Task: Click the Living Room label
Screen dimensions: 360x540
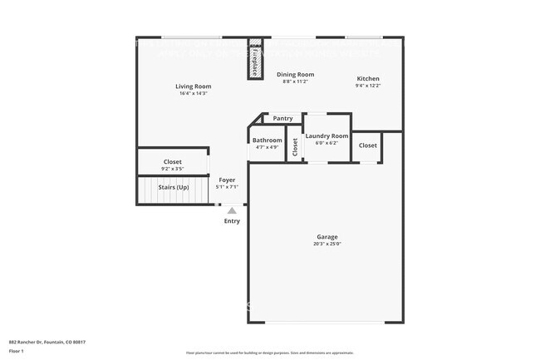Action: click(193, 86)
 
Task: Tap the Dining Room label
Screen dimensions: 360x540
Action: click(295, 75)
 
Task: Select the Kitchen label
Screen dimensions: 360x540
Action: click(368, 79)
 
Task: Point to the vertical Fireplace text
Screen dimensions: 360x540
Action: click(254, 60)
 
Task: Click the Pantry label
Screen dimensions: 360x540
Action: click(282, 119)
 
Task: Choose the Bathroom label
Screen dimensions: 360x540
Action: click(267, 141)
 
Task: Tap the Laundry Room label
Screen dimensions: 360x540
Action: click(326, 136)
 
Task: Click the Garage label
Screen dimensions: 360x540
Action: click(326, 237)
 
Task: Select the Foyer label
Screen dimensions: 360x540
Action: click(227, 180)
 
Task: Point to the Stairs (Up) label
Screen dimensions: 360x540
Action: click(174, 187)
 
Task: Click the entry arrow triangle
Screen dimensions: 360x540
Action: click(232, 210)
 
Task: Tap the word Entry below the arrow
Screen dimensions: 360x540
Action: click(232, 221)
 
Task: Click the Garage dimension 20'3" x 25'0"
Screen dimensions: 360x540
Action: click(326, 244)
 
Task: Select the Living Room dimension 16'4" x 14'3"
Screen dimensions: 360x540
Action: click(193, 93)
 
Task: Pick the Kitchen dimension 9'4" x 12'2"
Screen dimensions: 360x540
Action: click(368, 86)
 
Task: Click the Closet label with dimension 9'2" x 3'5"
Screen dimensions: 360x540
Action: click(173, 162)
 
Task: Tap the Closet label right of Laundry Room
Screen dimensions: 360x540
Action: click(367, 145)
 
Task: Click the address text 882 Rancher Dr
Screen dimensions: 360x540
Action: click(47, 342)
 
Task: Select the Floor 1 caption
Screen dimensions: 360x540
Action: click(17, 352)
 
